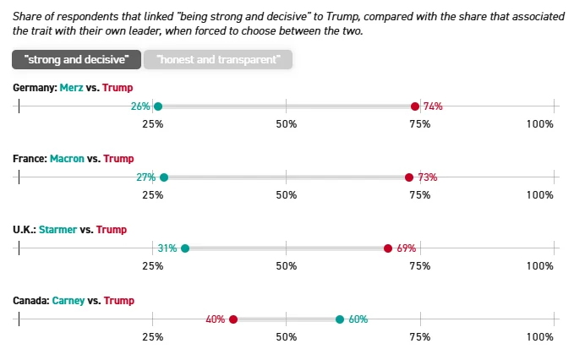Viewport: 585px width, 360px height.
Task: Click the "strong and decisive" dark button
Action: (x=76, y=59)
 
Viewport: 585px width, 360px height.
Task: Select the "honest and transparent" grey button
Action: (x=218, y=59)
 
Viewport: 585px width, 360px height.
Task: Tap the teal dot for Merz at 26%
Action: (x=158, y=106)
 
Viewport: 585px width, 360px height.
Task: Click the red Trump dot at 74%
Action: (x=415, y=106)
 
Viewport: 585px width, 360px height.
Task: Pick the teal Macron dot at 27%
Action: (x=164, y=177)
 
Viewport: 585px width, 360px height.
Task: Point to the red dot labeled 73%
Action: (x=409, y=177)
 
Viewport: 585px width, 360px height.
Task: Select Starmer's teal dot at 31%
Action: (x=185, y=248)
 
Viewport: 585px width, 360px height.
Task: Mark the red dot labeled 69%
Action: (x=388, y=248)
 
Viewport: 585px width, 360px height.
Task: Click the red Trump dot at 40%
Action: (x=233, y=319)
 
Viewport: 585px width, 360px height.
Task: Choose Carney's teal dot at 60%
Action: (x=340, y=319)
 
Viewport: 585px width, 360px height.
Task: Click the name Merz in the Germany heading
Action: (x=71, y=88)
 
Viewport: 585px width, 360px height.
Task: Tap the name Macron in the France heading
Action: (x=67, y=158)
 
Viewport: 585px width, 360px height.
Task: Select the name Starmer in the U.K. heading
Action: (x=57, y=229)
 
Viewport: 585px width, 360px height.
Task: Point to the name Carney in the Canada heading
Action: (x=68, y=300)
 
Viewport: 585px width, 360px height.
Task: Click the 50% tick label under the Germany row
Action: (x=287, y=124)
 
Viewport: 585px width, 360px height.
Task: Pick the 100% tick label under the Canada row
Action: (x=540, y=337)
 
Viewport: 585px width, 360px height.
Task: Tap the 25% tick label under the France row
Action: (x=153, y=195)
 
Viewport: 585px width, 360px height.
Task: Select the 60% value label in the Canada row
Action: (x=358, y=319)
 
